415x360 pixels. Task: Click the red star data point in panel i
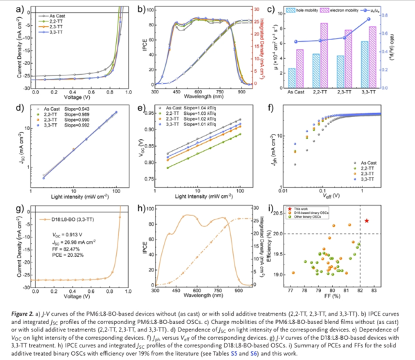click(x=367, y=220)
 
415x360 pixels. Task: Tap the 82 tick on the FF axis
click(x=360, y=291)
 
